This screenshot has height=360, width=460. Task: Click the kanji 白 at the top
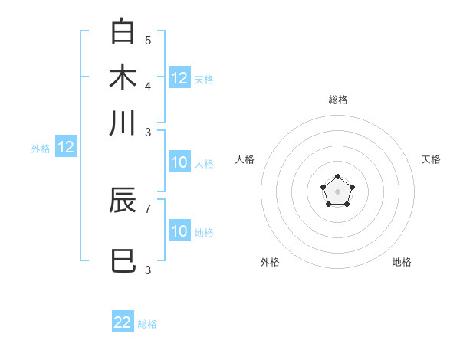click(123, 31)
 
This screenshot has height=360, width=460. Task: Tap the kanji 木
click(123, 77)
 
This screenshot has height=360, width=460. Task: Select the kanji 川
click(123, 123)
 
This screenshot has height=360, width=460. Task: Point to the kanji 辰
click(123, 200)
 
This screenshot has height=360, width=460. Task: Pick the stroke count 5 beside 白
click(148, 40)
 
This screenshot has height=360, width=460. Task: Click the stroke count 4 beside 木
click(148, 86)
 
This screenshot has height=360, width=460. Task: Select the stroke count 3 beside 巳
click(148, 270)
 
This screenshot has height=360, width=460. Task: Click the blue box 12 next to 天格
click(179, 77)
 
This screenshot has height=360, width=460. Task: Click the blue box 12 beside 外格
click(66, 148)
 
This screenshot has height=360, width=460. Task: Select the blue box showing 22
click(123, 322)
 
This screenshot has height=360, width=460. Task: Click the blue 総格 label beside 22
click(147, 324)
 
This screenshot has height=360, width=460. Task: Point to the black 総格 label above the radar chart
click(337, 100)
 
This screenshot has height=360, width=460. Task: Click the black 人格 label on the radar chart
click(245, 159)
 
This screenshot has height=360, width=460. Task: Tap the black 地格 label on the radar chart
click(402, 262)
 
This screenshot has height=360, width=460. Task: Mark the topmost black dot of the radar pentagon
click(337, 177)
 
